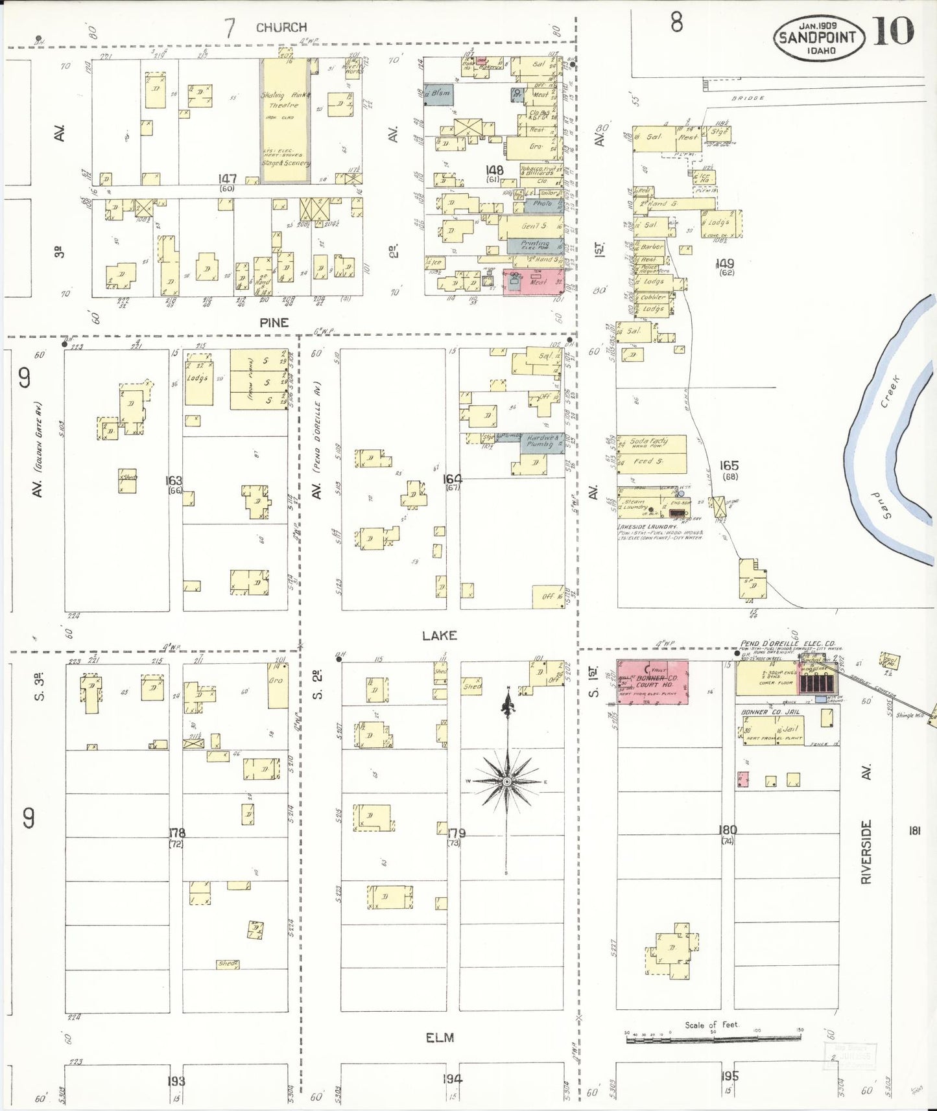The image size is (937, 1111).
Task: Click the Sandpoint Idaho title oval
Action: coord(818,38)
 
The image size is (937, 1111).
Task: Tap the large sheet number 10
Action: coord(894,31)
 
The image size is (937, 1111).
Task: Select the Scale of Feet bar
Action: coord(713,1039)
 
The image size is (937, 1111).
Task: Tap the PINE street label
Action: coord(274,322)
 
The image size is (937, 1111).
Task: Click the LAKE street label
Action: coord(439,635)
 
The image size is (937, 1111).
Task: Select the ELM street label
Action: coord(439,1038)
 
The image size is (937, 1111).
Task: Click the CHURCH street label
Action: coord(281,27)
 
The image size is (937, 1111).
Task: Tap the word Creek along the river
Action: coord(891,392)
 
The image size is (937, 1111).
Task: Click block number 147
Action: coord(227,178)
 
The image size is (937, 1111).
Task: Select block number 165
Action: coord(729,465)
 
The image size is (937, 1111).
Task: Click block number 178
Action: coord(176,833)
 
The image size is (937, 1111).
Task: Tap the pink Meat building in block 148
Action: coord(533,282)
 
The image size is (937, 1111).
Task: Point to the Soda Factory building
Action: coord(651,443)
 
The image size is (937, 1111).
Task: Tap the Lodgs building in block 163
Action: coord(198,379)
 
